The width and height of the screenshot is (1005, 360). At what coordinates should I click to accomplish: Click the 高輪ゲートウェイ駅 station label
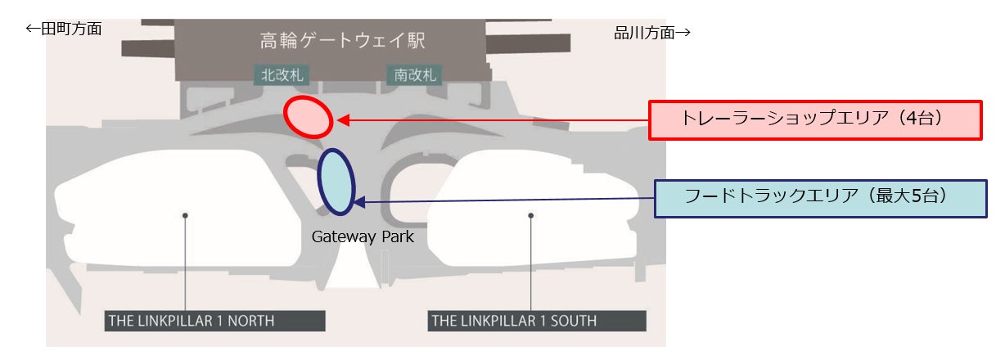(x=342, y=40)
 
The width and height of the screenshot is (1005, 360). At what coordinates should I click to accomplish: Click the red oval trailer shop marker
(x=309, y=117)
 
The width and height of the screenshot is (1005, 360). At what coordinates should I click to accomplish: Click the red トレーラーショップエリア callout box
(x=814, y=120)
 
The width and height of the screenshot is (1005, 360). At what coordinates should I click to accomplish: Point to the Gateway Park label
(x=363, y=237)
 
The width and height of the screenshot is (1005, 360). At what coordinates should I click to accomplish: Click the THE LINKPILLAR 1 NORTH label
(x=215, y=320)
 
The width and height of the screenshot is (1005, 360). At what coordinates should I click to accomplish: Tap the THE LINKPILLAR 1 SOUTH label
(x=537, y=320)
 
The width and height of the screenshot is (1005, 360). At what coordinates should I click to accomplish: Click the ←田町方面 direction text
(x=64, y=29)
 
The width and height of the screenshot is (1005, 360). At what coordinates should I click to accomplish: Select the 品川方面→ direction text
(x=652, y=33)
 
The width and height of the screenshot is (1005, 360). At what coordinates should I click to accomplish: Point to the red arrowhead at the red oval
(x=343, y=120)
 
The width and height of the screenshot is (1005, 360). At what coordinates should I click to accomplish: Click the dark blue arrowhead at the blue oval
(x=358, y=200)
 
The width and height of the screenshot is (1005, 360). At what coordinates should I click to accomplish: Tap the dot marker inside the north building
(x=186, y=215)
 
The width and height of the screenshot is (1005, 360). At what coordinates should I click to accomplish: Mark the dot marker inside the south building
(x=531, y=215)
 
